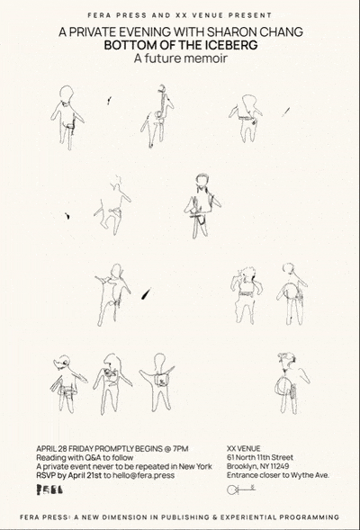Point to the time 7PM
pos(180,449)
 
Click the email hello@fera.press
pos(143,475)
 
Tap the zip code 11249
pos(279,466)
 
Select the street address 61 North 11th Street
pos(260,458)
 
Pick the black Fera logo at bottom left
pos(49,490)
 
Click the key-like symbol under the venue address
pos(240,489)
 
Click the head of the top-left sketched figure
pos(67,94)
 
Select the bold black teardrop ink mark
pos(146,293)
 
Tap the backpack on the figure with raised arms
pos(162,381)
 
